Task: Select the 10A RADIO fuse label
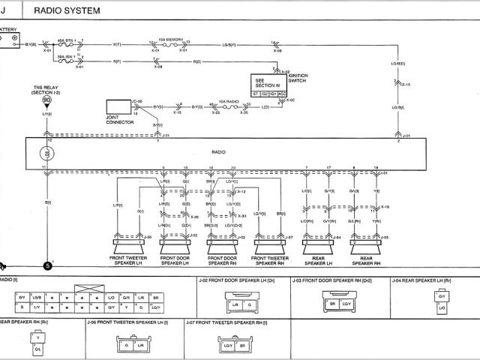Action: click(x=228, y=100)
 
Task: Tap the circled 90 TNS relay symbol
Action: click(x=47, y=100)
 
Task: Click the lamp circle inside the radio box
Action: click(x=46, y=153)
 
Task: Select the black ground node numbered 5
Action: click(x=47, y=265)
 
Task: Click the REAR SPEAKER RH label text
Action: click(x=365, y=262)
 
